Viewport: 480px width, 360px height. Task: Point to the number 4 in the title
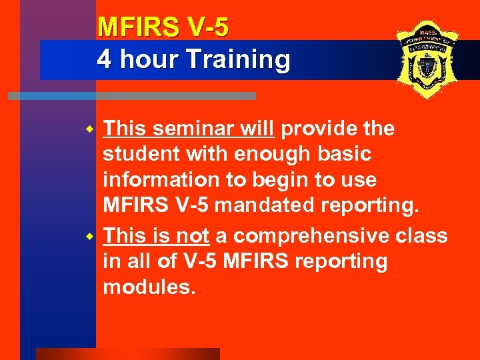coord(104,59)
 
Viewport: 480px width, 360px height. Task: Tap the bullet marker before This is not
coord(94,237)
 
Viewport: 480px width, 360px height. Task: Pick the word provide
coord(319,128)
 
